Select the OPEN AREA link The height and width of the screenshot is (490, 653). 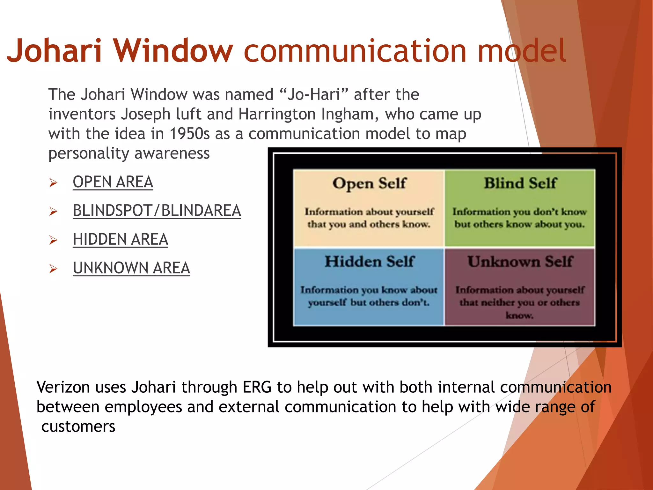point(113,182)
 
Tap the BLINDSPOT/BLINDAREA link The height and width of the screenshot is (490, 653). point(157,211)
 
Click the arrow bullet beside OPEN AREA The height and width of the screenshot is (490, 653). point(53,183)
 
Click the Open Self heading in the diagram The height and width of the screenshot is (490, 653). point(369,184)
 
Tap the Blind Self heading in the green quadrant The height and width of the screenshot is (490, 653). point(520,183)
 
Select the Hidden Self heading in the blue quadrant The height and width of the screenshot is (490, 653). point(369,262)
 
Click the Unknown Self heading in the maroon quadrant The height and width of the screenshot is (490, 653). point(520,262)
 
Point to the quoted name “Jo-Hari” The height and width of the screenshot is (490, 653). point(313,94)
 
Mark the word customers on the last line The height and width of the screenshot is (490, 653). point(78,427)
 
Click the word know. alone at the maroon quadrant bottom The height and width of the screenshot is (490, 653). point(519,316)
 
